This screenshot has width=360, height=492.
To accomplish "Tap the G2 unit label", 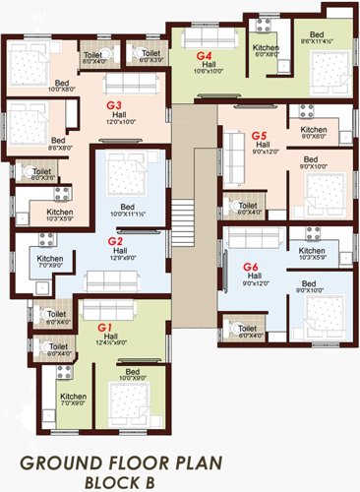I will [x=114, y=241].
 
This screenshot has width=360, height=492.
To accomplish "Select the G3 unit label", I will [x=114, y=103].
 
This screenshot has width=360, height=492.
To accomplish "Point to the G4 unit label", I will [x=205, y=56].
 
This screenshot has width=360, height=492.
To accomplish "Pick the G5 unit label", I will [x=259, y=135].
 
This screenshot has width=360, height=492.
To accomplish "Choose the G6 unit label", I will [x=249, y=267].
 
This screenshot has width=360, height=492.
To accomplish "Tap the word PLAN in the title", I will [x=238, y=462].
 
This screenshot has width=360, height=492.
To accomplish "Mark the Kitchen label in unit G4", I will [x=266, y=47].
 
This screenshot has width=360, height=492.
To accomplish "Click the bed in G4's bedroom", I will [x=325, y=73].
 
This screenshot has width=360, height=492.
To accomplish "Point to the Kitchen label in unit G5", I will [x=314, y=129].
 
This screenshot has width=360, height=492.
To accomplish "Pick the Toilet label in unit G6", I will [x=247, y=328].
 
